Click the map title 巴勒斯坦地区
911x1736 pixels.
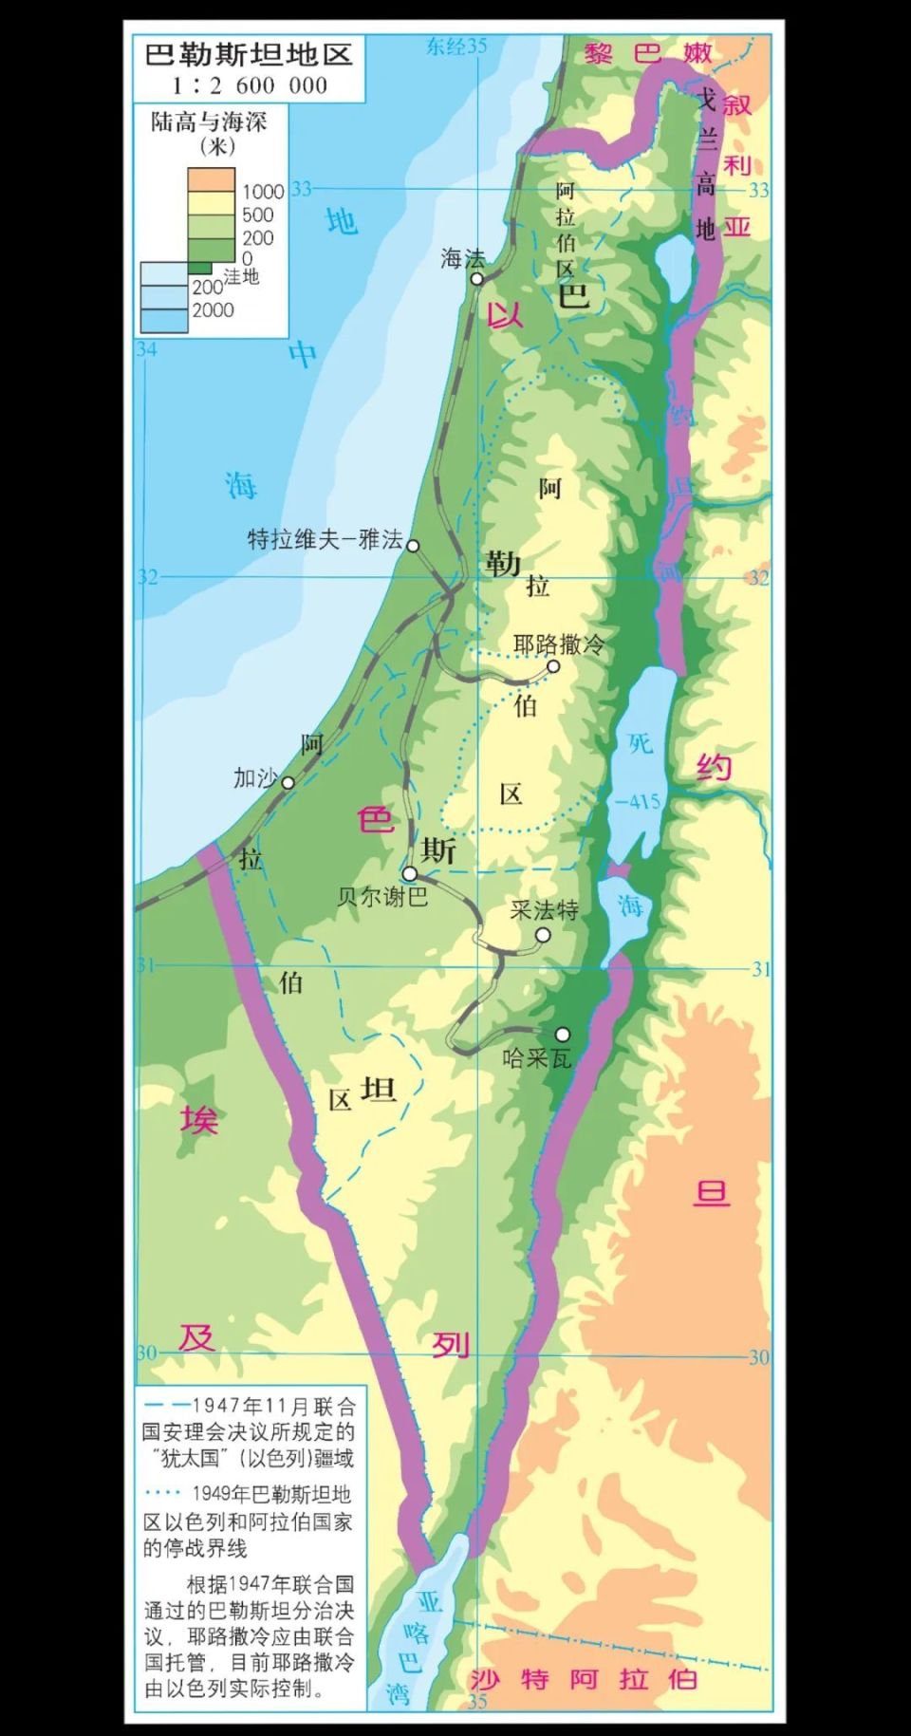248,54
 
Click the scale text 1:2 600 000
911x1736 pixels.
249,85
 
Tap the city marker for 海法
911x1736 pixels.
477,279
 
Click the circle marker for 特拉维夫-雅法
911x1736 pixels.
413,545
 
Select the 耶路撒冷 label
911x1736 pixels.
559,644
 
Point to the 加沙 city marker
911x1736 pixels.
288,782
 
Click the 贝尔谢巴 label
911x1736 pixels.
382,896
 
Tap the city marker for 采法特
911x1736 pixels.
543,935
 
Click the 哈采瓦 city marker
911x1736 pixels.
563,1034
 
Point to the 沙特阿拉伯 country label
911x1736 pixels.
584,1679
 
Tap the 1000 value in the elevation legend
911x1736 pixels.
263,192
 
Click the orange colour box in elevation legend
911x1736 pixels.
211,178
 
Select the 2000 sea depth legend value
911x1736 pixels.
213,309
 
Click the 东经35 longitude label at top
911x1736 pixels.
455,46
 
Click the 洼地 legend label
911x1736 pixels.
241,276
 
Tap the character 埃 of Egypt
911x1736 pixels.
199,1120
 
